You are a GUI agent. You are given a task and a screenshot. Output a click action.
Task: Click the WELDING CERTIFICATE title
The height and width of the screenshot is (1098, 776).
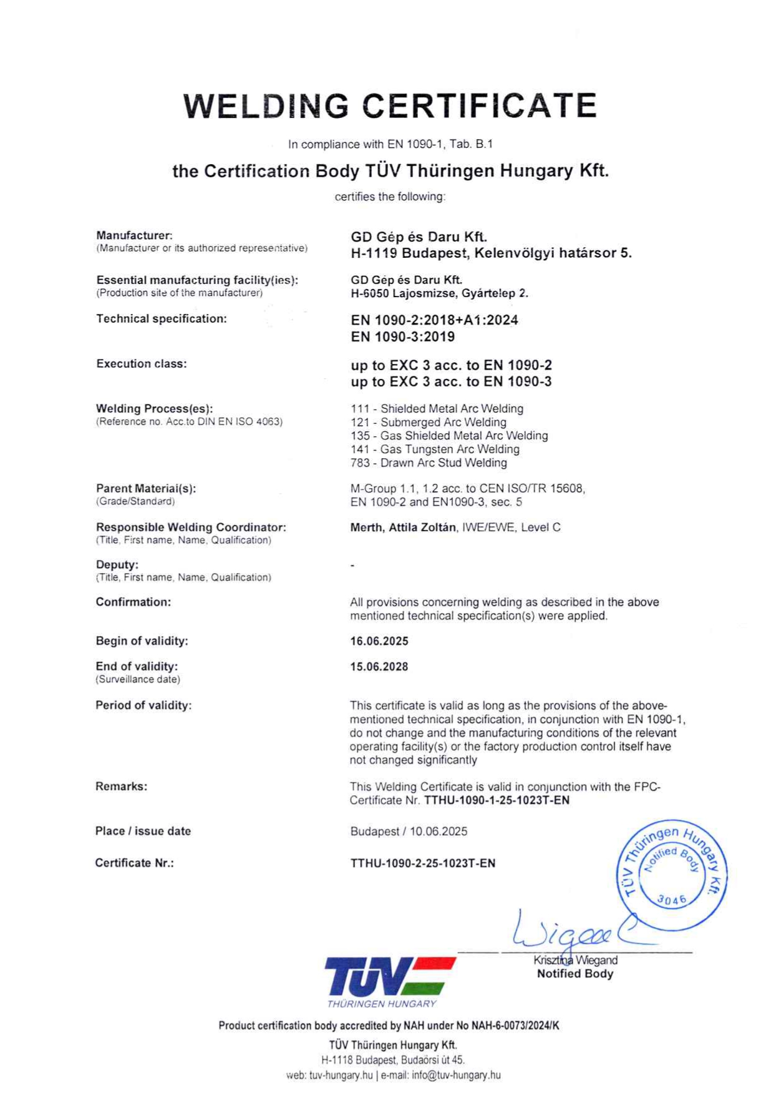click(x=390, y=105)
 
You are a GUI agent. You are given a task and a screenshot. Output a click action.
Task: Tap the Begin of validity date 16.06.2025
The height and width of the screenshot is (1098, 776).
click(x=379, y=641)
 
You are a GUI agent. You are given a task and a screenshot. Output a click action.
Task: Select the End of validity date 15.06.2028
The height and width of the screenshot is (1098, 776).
click(x=379, y=667)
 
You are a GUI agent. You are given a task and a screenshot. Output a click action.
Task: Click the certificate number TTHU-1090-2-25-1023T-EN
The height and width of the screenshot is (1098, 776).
click(x=423, y=863)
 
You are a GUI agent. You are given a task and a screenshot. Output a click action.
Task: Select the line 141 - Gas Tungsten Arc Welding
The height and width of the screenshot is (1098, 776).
click(x=435, y=449)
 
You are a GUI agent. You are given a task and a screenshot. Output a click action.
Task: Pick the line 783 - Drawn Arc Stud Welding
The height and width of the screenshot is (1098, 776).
click(x=429, y=463)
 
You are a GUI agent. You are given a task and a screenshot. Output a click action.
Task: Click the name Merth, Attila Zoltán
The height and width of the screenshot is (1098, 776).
click(x=403, y=527)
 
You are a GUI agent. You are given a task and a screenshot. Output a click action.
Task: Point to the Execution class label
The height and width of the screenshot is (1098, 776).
click(x=142, y=364)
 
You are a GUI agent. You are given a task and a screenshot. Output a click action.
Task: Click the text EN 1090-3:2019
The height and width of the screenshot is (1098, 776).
click(x=403, y=337)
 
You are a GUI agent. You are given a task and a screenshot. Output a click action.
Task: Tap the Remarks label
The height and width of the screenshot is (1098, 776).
click(x=122, y=787)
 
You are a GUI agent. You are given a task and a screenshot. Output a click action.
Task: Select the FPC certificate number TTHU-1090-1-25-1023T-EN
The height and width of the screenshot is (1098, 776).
click(x=497, y=800)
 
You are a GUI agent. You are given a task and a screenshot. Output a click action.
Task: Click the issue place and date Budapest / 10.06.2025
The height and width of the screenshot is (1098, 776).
click(x=409, y=831)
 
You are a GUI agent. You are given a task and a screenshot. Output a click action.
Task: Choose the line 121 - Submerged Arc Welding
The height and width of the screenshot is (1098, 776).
click(x=429, y=423)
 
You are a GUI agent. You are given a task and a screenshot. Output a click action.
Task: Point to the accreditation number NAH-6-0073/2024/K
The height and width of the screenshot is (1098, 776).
click(x=515, y=1026)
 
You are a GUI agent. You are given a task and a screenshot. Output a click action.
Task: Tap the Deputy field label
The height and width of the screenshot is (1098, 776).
click(x=117, y=565)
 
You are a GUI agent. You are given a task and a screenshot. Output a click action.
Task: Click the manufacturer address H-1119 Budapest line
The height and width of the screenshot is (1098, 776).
click(x=491, y=253)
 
